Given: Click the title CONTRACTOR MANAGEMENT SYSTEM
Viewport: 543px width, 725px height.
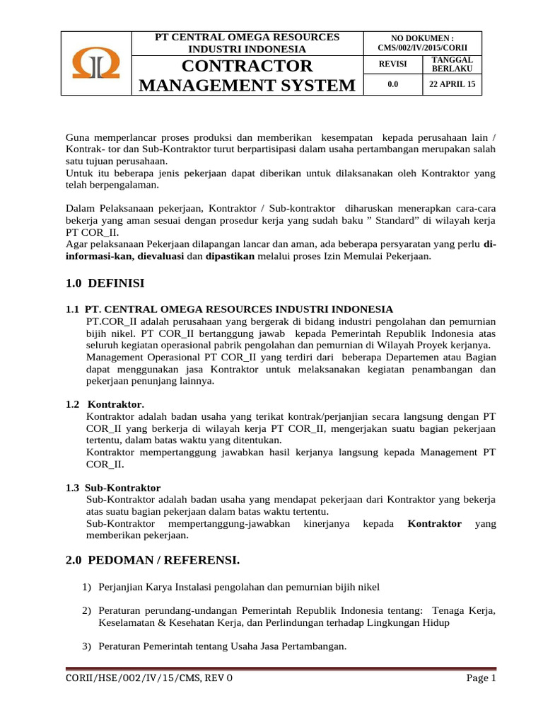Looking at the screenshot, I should (247, 76).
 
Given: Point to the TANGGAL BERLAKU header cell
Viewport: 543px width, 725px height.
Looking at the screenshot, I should (452, 64).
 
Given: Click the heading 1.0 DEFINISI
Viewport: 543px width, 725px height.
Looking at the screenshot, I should (105, 283).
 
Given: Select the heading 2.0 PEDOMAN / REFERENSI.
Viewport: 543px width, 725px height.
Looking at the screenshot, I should (153, 561).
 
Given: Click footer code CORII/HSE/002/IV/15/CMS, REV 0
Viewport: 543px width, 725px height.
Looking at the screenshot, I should (148, 678).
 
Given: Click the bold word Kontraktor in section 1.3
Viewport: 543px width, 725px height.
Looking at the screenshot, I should (435, 524).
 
